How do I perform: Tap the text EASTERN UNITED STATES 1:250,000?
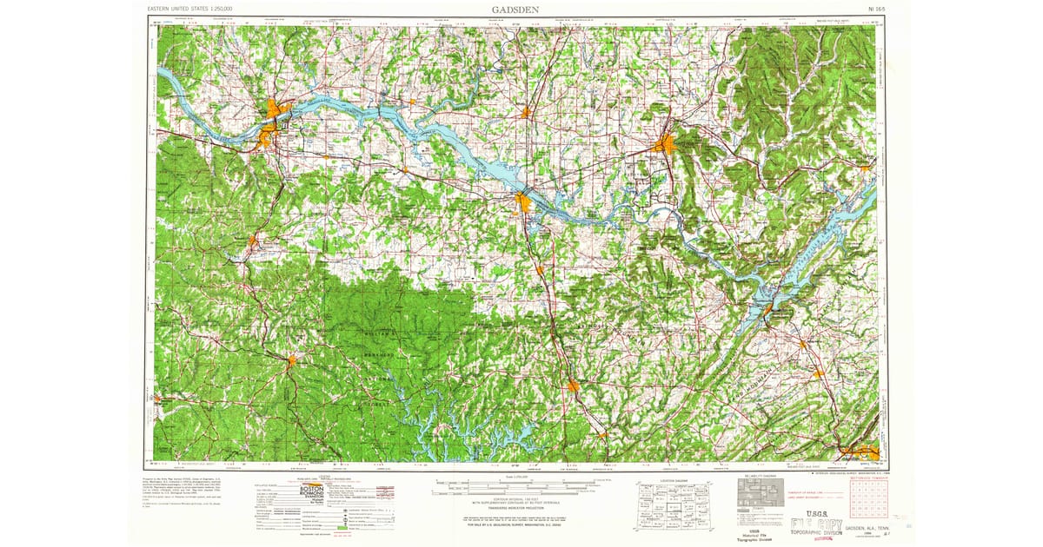pos(196,9)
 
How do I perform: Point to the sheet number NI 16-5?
pos(875,9)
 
